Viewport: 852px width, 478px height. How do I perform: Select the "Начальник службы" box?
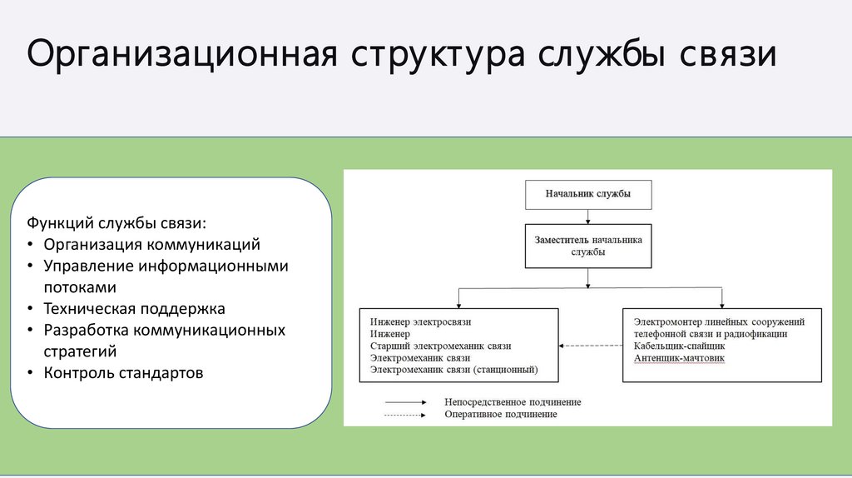tap(587, 194)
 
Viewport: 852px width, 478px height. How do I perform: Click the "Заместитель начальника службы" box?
tap(587, 245)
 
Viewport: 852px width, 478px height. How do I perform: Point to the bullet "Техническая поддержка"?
tap(135, 309)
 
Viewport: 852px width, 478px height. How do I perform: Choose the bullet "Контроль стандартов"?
tap(123, 372)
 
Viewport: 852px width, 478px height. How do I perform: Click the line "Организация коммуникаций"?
tap(152, 245)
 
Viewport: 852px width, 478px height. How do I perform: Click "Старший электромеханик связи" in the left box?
tap(440, 346)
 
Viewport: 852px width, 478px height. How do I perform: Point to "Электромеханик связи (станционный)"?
tap(453, 369)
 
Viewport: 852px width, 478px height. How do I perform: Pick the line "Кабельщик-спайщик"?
tap(680, 346)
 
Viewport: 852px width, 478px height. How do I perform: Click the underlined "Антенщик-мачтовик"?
tap(679, 358)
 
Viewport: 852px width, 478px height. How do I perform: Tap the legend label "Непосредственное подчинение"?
tap(513, 402)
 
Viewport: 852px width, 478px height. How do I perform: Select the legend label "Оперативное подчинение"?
tap(500, 414)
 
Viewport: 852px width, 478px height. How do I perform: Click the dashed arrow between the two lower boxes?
tap(591, 345)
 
